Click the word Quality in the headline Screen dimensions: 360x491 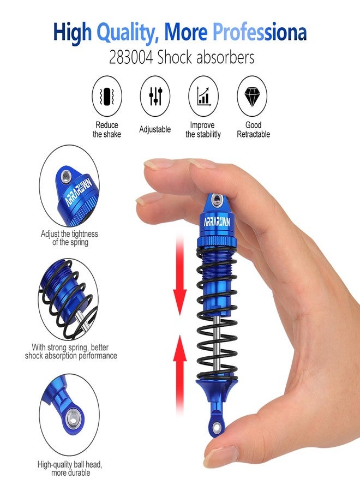(125, 33)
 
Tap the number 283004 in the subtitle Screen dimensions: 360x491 (131, 58)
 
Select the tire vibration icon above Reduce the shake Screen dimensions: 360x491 (107, 96)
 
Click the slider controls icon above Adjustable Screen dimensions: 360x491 (155, 96)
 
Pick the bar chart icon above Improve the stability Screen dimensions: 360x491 (203, 96)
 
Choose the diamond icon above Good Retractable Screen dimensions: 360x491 (252, 97)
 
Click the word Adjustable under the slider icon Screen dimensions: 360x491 (155, 129)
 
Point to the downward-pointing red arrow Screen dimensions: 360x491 (179, 276)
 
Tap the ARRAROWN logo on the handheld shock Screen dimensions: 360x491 (217, 221)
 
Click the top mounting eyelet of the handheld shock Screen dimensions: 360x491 (217, 200)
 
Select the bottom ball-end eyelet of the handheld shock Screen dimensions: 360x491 (216, 427)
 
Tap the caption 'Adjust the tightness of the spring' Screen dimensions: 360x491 (69, 238)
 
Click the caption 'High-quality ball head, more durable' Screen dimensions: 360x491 (70, 469)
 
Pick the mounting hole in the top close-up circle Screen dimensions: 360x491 (65, 177)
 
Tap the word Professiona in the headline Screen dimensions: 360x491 (260, 33)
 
